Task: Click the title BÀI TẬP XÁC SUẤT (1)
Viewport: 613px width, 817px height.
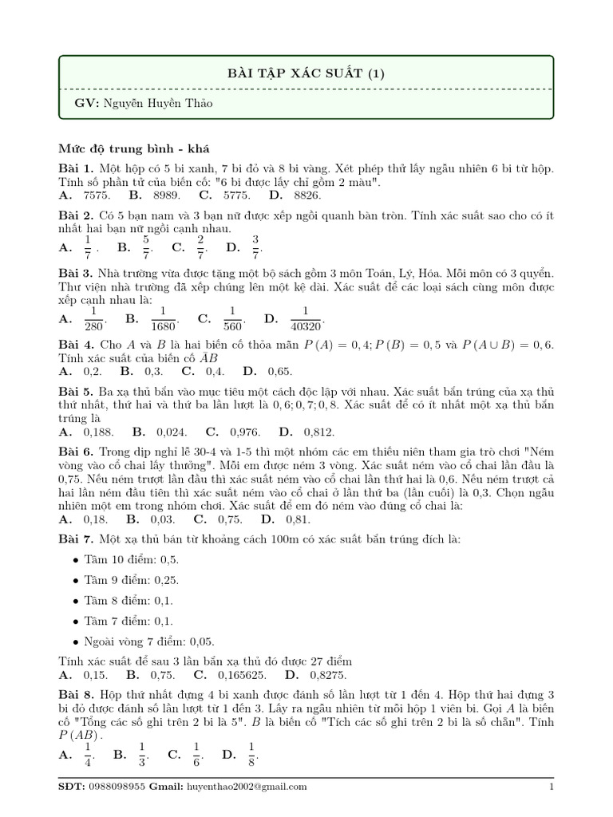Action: (x=306, y=74)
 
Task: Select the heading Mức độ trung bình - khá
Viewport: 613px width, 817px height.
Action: (x=134, y=149)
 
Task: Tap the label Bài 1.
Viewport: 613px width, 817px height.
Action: (x=77, y=169)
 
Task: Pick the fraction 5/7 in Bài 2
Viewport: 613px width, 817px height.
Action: (x=146, y=247)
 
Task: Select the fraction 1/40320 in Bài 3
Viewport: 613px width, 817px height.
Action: (x=304, y=319)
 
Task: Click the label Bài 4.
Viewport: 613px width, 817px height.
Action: (x=77, y=345)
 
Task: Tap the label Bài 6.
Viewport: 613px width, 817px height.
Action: (x=77, y=452)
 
